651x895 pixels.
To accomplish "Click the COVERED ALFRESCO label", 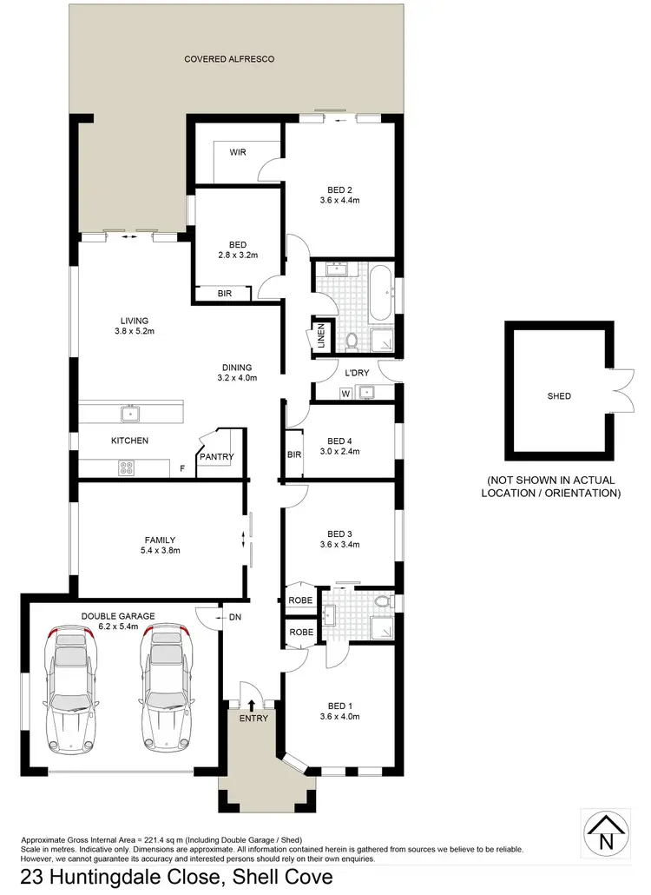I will click(229, 59).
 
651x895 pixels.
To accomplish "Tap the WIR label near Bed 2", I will click(238, 152).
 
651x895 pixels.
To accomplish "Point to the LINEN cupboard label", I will click(320, 336).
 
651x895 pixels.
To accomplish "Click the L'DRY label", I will click(358, 373).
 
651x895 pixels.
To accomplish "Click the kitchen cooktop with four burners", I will click(127, 467).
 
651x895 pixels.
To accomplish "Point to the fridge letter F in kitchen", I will click(181, 469).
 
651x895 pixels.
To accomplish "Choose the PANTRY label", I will click(216, 456).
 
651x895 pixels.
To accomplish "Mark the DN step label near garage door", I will click(234, 618).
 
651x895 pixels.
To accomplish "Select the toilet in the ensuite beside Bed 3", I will click(380, 601).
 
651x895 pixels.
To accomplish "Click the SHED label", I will click(559, 396).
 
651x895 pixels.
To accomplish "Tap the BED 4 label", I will click(339, 441).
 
